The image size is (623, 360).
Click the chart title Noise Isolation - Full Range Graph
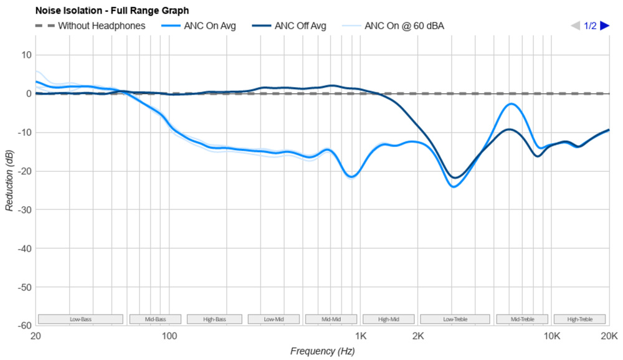click(112, 11)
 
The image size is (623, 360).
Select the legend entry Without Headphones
click(101, 26)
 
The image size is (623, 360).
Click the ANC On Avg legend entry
click(209, 26)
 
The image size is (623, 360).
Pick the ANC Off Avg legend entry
click(300, 26)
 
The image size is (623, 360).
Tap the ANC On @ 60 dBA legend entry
click(404, 26)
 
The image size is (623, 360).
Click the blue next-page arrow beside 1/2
click(604, 26)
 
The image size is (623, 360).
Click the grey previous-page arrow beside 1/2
click(576, 26)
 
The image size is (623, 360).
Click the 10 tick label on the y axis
click(26, 55)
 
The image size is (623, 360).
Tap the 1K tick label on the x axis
click(361, 337)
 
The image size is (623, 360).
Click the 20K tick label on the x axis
click(608, 337)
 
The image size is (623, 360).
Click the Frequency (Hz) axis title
click(321, 351)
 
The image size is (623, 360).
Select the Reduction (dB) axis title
click(9, 180)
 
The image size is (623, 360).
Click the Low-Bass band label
click(80, 320)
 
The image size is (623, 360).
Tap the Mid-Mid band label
click(331, 320)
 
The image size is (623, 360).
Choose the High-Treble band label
click(580, 320)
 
